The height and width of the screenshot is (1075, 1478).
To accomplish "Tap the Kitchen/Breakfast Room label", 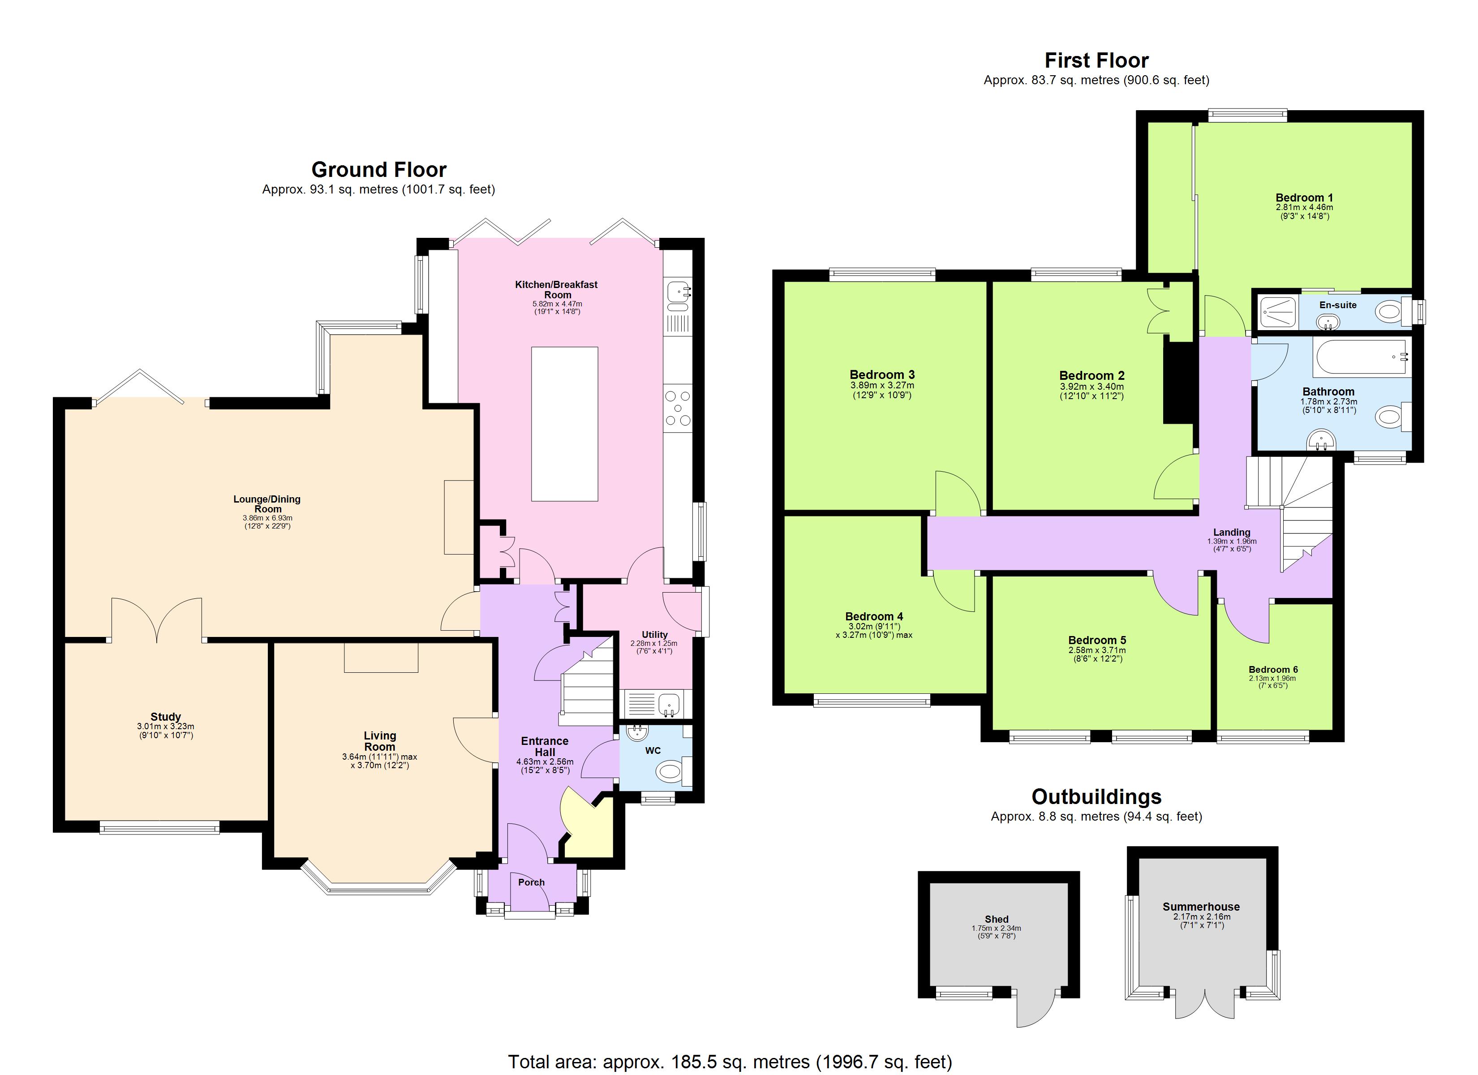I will [x=557, y=289].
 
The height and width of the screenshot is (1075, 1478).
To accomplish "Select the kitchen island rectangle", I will [x=564, y=424].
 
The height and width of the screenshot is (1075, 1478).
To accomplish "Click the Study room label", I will [x=166, y=717].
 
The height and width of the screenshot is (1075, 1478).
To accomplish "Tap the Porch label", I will [x=531, y=882].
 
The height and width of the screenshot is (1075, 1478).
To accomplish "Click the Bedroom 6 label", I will [x=1273, y=670].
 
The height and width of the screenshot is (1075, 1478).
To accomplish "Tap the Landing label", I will [x=1231, y=532].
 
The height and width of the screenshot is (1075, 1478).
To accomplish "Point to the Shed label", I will [x=997, y=919].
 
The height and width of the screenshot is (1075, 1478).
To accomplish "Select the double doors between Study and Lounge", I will [x=156, y=619].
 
